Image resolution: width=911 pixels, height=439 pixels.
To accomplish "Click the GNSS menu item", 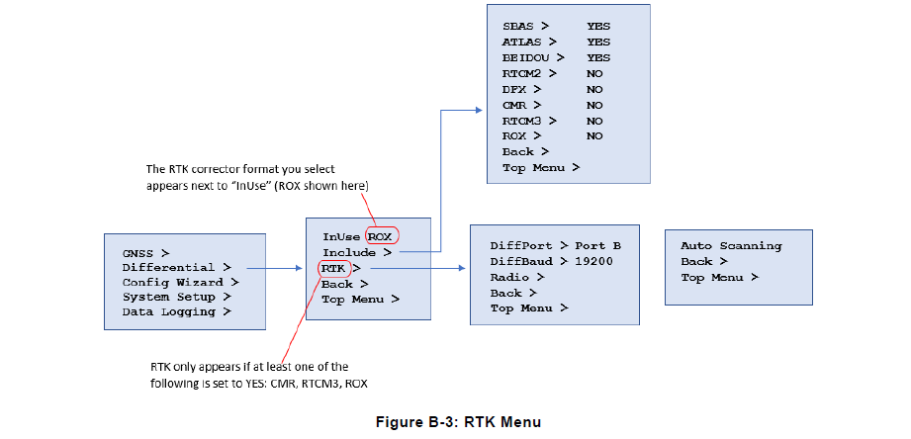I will pos(145,253).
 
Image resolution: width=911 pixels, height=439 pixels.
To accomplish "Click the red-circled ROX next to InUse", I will pos(381,237).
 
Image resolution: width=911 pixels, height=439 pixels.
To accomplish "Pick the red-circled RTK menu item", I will pos(335,268).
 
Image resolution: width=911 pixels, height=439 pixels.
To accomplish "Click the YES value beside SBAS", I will pos(597,28).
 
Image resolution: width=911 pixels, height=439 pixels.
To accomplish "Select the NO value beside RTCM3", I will pos(593,121).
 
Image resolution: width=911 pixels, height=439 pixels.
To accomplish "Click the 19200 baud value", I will pos(597,262).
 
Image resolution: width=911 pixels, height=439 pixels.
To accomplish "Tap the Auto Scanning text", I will pos(731,246).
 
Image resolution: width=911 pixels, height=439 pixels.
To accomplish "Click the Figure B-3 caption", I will pos(459,422).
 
